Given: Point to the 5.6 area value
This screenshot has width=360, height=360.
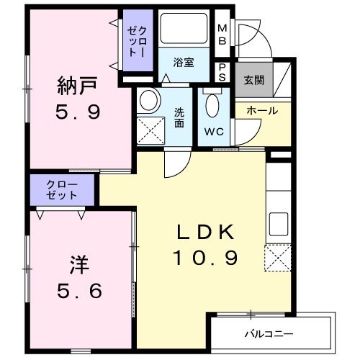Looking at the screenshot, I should click(x=78, y=291).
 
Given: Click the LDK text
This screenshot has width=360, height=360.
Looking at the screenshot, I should click(x=206, y=232).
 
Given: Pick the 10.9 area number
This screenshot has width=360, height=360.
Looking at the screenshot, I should click(x=205, y=256).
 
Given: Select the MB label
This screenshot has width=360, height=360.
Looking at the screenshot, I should click(x=222, y=35).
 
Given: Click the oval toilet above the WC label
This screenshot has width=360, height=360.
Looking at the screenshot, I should click(x=213, y=107).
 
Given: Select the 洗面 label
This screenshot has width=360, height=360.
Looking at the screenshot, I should click(x=179, y=117).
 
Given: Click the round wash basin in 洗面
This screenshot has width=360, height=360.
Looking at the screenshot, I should click(x=150, y=101).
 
